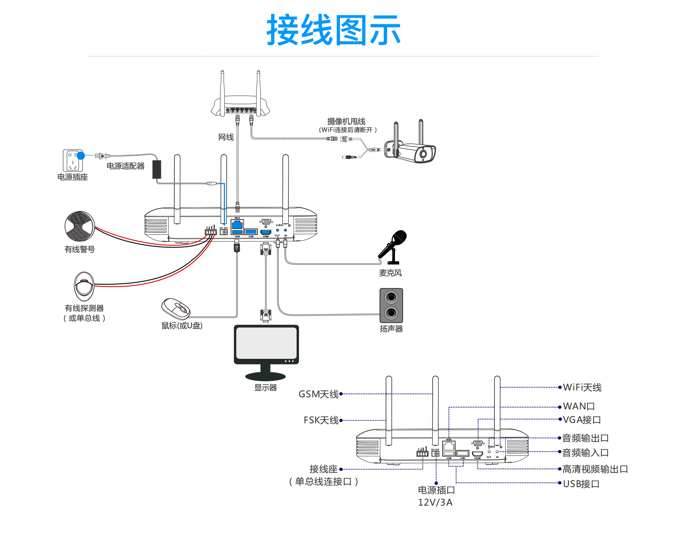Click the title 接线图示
[x=334, y=30]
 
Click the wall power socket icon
[x=72, y=161]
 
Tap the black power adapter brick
[x=157, y=169]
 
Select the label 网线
[x=226, y=137]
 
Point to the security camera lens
[x=423, y=154]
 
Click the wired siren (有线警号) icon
[x=80, y=226]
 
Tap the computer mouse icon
[x=176, y=308]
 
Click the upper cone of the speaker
[x=391, y=297]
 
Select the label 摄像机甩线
[x=346, y=121]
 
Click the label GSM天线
[x=318, y=394]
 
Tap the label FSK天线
[x=321, y=420]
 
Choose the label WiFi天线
[x=582, y=387]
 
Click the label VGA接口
[x=582, y=420]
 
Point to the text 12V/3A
[x=435, y=502]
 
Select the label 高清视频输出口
[x=595, y=469]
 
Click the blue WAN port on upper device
[x=237, y=225]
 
